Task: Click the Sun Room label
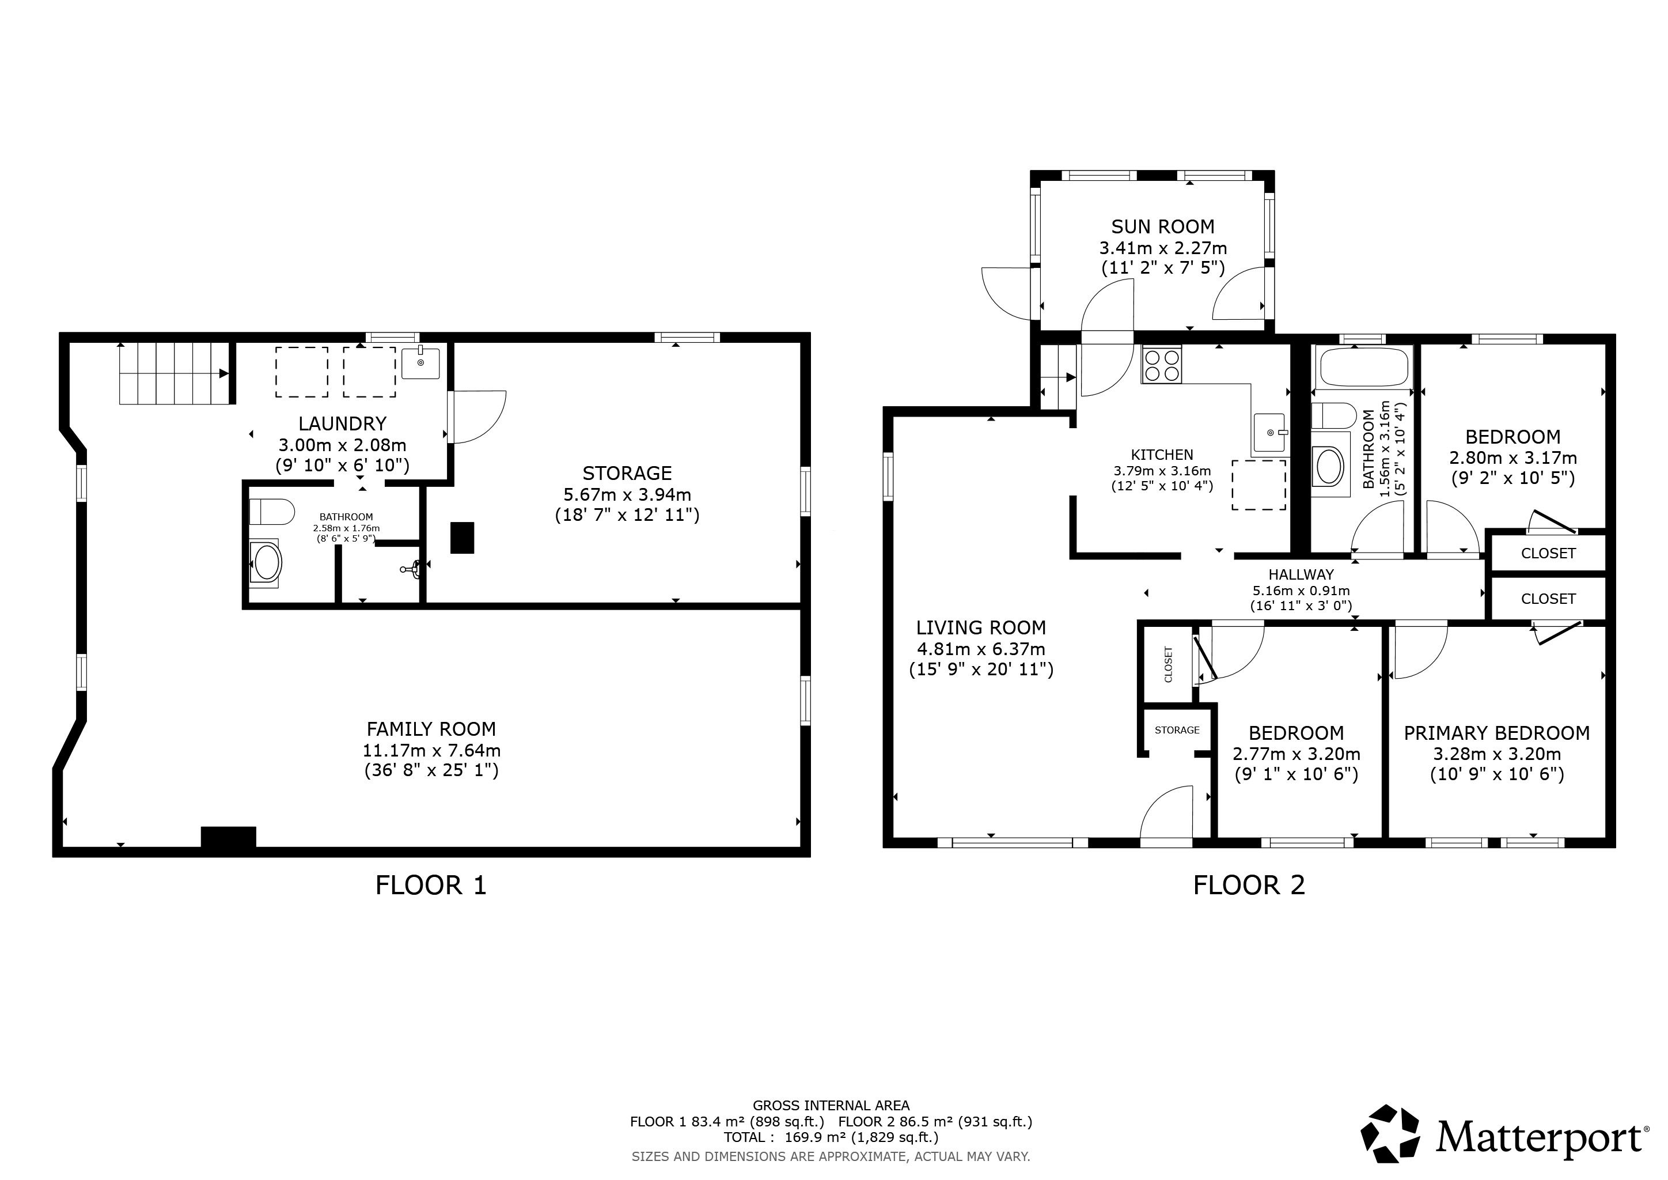tap(1162, 226)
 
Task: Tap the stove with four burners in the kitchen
tap(1162, 364)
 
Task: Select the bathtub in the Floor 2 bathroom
tap(1364, 367)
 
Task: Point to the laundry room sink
tap(420, 362)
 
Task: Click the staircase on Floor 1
tap(175, 373)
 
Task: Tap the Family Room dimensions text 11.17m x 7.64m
tap(431, 750)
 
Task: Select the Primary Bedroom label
tap(1496, 733)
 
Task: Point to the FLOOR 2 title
tap(1249, 885)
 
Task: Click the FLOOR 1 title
tap(431, 885)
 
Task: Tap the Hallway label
tap(1301, 574)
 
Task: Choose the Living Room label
tap(981, 628)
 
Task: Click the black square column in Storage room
tap(462, 538)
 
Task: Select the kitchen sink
tap(1270, 433)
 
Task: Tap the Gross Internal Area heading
tap(831, 1106)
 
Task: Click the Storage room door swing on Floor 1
tap(476, 417)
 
